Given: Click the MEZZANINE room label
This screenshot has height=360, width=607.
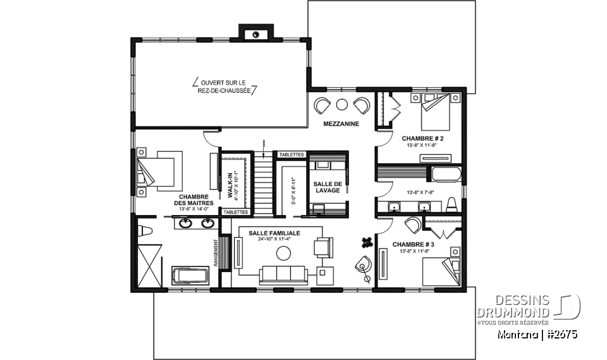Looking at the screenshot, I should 341,124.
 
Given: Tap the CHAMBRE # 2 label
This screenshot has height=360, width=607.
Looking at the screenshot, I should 422,138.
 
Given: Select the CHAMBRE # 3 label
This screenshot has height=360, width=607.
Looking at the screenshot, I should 414,244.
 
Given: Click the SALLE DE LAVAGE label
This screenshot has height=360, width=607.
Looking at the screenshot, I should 328,187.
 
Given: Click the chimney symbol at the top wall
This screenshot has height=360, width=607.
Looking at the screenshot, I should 255,34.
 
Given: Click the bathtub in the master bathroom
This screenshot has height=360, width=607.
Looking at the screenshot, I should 190,276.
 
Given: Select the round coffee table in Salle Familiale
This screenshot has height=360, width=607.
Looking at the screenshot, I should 284,253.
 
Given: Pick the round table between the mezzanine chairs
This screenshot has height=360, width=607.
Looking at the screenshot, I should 342,104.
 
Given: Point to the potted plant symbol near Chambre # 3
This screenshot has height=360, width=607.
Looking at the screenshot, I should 366,241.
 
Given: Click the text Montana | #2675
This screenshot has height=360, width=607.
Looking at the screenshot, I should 537,334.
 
